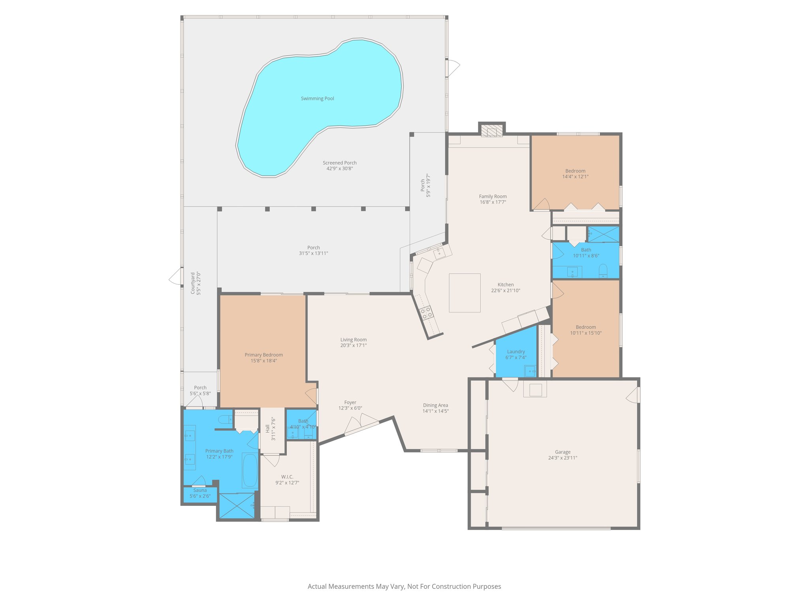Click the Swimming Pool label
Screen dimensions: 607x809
317,98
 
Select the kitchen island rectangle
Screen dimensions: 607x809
465,293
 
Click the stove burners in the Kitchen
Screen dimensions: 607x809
426,313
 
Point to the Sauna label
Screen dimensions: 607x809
200,490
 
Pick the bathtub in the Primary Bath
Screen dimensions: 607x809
250,470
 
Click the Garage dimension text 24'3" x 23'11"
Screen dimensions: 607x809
563,458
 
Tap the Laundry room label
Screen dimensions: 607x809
516,351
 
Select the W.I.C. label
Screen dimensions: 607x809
287,477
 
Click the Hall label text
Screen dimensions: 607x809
267,428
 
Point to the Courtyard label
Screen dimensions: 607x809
193,283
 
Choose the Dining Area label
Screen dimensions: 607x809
435,405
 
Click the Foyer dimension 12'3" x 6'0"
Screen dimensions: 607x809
350,408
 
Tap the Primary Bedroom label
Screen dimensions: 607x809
263,354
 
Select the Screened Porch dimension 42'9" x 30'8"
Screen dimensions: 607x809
339,169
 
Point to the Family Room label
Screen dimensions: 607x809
493,196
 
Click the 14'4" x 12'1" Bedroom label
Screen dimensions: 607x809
575,171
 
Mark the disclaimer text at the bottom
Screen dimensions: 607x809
404,586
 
